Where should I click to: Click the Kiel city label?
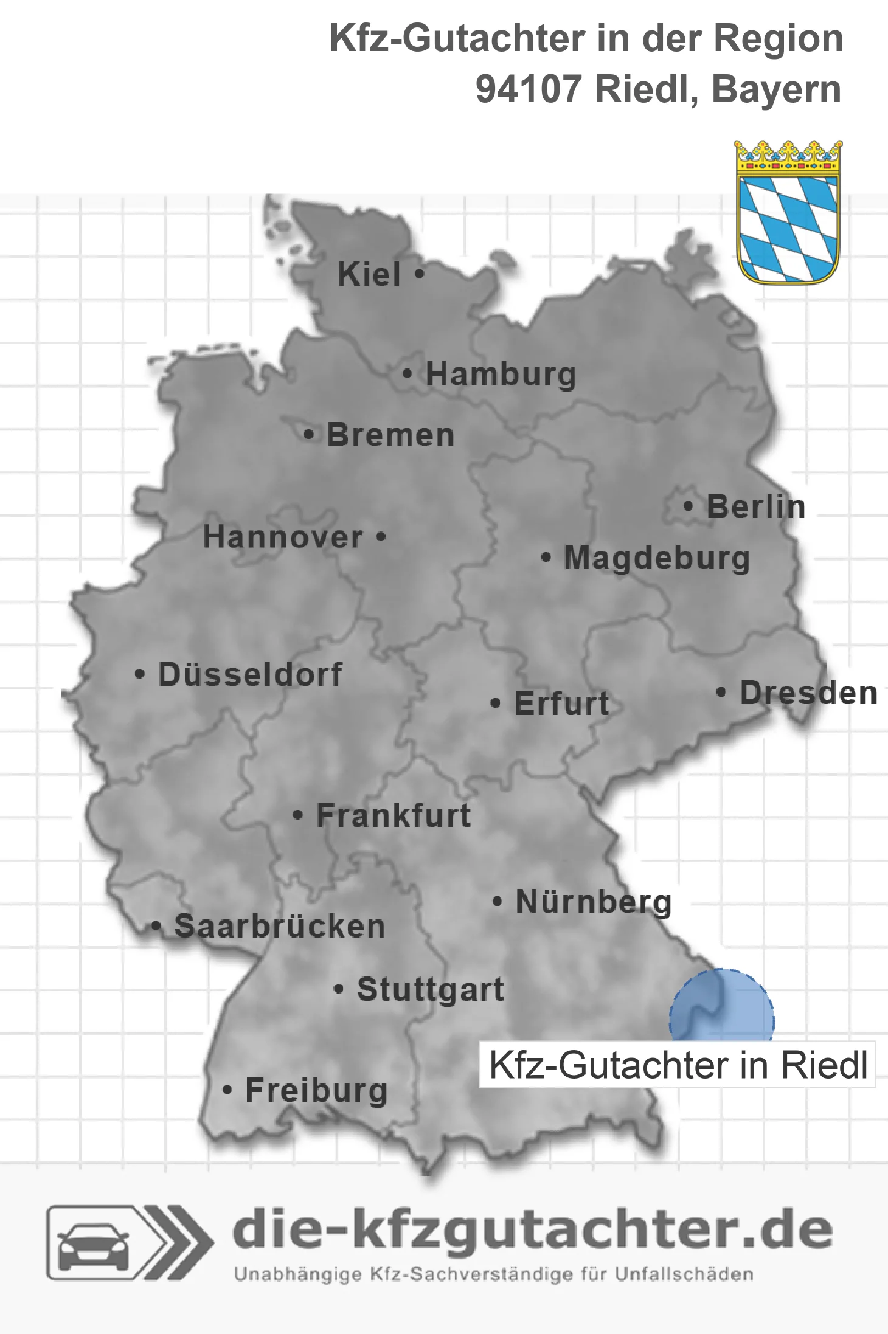pos(369,274)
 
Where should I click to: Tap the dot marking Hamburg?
pos(408,374)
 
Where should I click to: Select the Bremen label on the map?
pos(390,435)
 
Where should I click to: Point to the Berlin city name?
pos(756,506)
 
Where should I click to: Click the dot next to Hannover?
pos(381,537)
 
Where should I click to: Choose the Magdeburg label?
pos(657,558)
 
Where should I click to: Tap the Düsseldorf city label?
pos(250,674)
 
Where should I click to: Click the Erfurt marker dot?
pos(496,703)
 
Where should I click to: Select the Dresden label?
pos(808,693)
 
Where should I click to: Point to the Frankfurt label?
pos(394,815)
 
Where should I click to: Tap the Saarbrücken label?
pos(280,927)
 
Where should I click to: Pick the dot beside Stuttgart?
pos(339,989)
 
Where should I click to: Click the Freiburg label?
pos(316,1090)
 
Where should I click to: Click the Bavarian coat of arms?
pos(788,213)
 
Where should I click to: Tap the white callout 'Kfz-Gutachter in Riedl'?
pos(678,1065)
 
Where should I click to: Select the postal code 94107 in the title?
pos(529,89)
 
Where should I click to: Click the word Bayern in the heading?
pos(776,89)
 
